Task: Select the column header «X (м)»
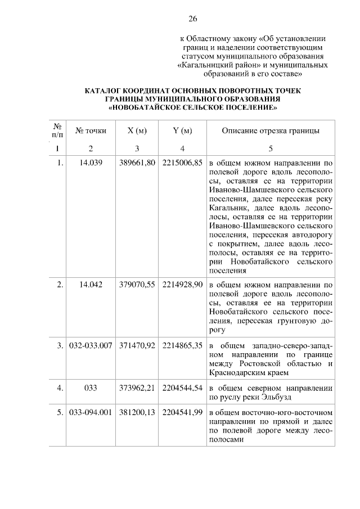click(137, 131)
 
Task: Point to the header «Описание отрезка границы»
click(271, 131)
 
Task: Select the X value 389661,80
click(137, 163)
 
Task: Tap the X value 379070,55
click(137, 285)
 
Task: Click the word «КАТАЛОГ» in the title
click(105, 90)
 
